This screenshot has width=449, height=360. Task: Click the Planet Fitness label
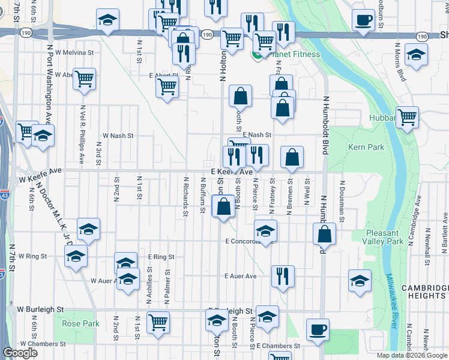[295, 55]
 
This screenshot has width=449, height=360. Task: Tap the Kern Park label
[366, 147]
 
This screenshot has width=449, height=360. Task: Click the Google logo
[20, 353]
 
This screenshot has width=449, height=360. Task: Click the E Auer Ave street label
[240, 277]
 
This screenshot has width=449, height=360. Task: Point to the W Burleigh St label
[40, 310]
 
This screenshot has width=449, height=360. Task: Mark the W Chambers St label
[42, 344]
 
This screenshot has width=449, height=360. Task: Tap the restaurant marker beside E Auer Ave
[282, 276]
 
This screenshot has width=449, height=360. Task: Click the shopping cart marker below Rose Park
[158, 322]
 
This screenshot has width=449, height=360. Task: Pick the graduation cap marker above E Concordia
[265, 230]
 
